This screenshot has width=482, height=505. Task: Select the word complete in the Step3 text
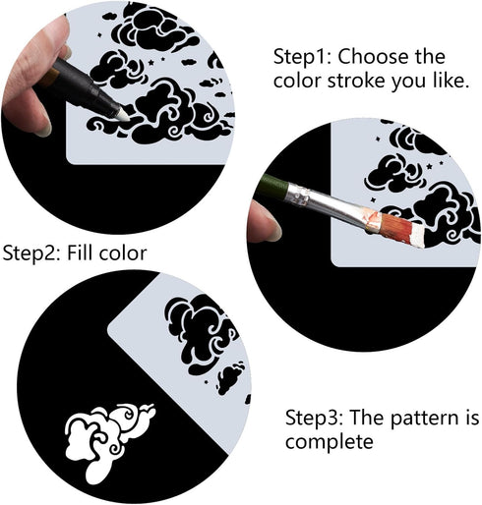(330, 442)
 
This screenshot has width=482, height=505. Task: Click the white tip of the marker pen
(122, 115)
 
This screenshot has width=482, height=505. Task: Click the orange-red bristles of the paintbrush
(395, 227)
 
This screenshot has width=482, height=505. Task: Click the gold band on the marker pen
(52, 78)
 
